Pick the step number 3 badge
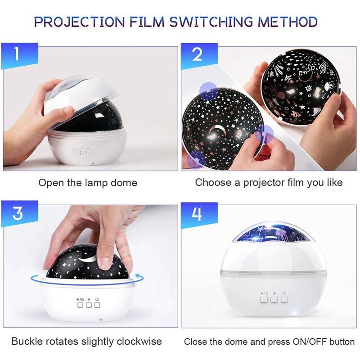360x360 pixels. point(17,213)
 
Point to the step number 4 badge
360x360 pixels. point(197,213)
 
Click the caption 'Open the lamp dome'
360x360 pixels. point(88,183)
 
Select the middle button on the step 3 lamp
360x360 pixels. point(89,305)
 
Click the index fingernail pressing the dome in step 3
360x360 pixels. point(105,261)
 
